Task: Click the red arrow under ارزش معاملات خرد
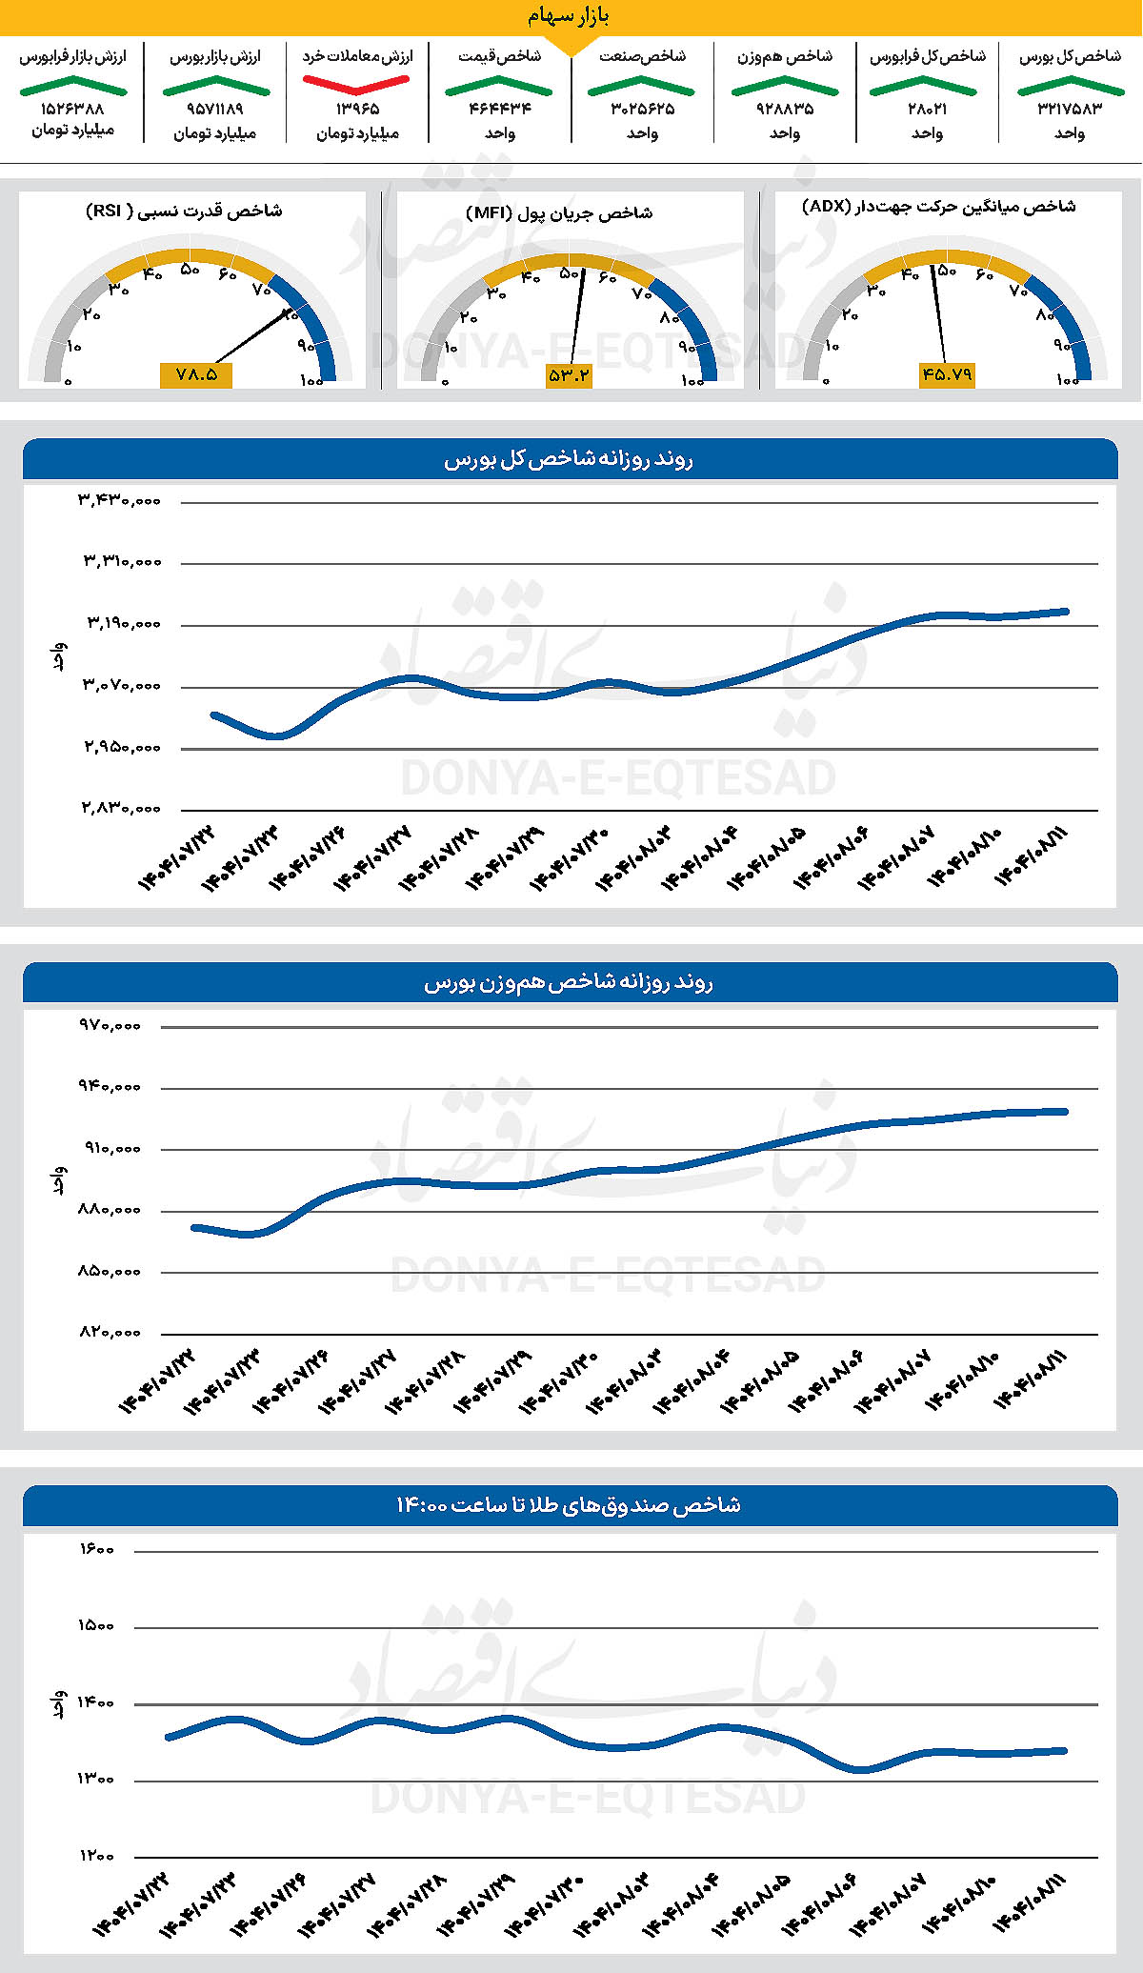point(356,84)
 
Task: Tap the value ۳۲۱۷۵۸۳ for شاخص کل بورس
point(1070,109)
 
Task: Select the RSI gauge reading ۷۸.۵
point(196,374)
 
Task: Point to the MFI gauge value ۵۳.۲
point(569,375)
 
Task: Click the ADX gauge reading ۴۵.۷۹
point(946,374)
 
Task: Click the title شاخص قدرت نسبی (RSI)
point(184,211)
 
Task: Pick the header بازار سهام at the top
point(569,16)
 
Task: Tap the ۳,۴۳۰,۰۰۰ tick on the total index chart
point(119,499)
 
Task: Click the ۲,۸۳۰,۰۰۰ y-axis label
point(119,808)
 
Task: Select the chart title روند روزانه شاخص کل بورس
point(569,460)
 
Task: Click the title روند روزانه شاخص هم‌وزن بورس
point(569,982)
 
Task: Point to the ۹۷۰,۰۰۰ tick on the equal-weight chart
point(110,1025)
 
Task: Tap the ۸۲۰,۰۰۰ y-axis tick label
point(110,1332)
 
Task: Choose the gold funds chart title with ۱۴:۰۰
point(569,1505)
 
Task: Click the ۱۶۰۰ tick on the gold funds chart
point(96,1550)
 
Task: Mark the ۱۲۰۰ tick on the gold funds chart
point(96,1855)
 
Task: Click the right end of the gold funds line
point(1064,1750)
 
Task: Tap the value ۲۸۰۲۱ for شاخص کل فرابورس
point(927,109)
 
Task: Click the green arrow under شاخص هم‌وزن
point(784,87)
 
